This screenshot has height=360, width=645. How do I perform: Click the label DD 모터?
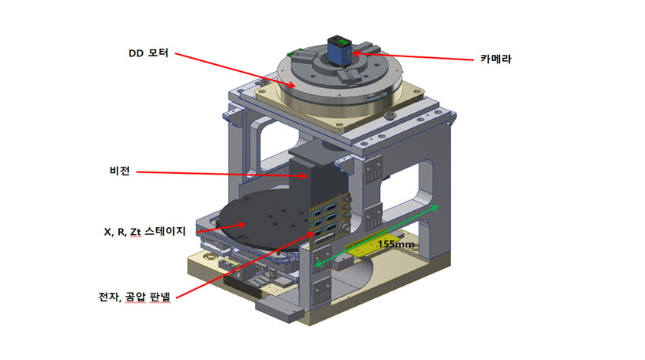pos(148,53)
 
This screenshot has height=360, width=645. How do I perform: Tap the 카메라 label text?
pos(496,59)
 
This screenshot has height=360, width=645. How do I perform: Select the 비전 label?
pos(120,170)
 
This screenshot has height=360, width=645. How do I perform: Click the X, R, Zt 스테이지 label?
pos(144,232)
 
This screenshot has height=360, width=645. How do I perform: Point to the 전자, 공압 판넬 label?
pos(134,297)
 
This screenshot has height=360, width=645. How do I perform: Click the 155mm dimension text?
pos(396,244)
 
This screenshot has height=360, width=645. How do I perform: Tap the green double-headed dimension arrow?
pos(377,236)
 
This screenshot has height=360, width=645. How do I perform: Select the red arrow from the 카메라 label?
pos(413,56)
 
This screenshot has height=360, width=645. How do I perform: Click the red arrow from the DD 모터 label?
pos(236,70)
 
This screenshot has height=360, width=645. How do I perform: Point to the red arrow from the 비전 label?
pos(222,174)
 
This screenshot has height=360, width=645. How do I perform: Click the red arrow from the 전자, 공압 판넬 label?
pos(246,264)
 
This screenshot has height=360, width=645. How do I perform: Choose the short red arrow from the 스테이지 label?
pos(221,229)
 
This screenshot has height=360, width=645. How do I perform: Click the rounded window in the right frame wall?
pos(406,186)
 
